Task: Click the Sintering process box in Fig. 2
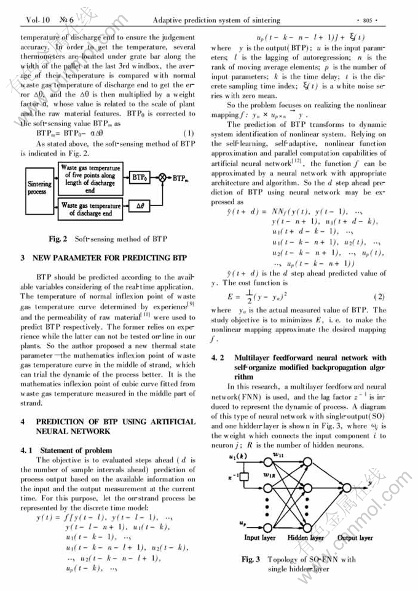click(40, 187)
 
